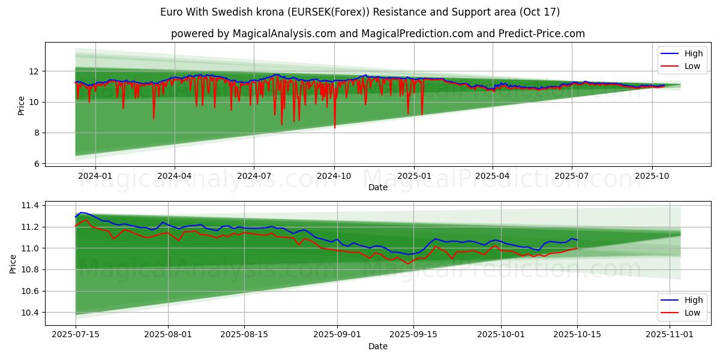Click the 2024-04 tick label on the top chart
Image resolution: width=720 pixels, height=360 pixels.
[x=175, y=176]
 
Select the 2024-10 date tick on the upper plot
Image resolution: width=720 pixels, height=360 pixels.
[x=334, y=176]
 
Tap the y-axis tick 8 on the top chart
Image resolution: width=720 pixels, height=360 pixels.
[x=36, y=133]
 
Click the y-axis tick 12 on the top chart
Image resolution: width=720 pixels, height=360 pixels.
[x=34, y=71]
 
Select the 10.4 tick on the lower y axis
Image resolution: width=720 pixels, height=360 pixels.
[x=29, y=313]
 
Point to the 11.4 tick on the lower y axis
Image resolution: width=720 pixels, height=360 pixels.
[x=29, y=206]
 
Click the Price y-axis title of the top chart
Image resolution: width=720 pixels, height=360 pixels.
[x=21, y=105]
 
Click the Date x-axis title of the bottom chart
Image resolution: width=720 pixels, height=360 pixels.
[x=378, y=346]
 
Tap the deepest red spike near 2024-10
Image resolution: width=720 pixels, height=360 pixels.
[x=335, y=127]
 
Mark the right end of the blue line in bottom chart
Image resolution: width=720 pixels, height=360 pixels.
[x=577, y=240]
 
